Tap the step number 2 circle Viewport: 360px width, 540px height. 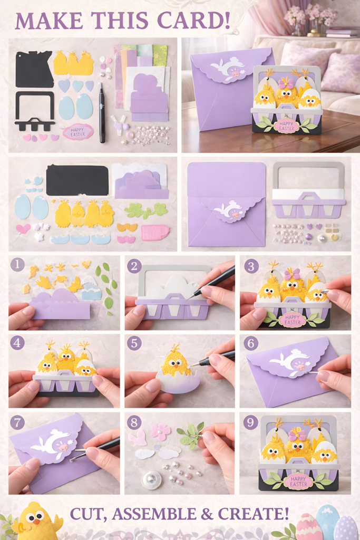pyautogui.click(x=134, y=266)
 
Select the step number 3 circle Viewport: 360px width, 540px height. pyautogui.click(x=249, y=265)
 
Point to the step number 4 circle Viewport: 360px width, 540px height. pyautogui.click(x=17, y=343)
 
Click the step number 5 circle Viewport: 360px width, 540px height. pyautogui.click(x=134, y=343)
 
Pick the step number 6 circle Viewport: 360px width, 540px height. pyautogui.click(x=250, y=343)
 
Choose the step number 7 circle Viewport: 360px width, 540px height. pyautogui.click(x=17, y=422)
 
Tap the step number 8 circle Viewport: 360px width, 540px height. pyautogui.click(x=134, y=422)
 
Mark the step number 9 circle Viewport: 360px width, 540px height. pyautogui.click(x=250, y=422)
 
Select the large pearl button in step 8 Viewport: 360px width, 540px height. pyautogui.click(x=151, y=479)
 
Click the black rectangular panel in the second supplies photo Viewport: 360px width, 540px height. pyautogui.click(x=77, y=180)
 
